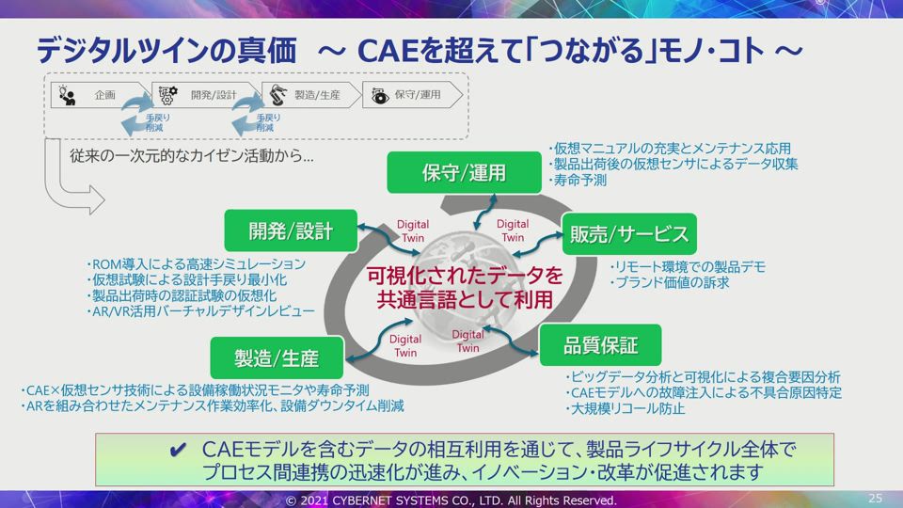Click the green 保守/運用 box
(x=464, y=172)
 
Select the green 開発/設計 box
(x=291, y=230)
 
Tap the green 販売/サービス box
(x=629, y=234)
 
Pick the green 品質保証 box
(x=600, y=345)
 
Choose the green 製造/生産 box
(x=277, y=357)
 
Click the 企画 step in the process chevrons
(x=99, y=95)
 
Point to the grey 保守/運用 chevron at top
(x=412, y=95)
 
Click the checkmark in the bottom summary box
(x=178, y=450)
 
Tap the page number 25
(x=875, y=499)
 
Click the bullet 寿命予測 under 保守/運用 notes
(x=578, y=181)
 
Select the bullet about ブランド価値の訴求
(x=670, y=283)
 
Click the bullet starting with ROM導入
(x=197, y=263)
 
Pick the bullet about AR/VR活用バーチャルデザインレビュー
(x=200, y=311)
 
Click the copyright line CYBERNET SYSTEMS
(x=451, y=500)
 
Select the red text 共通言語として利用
(x=465, y=299)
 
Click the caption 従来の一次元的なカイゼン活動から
(x=192, y=156)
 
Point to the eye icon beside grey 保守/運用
(x=379, y=96)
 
